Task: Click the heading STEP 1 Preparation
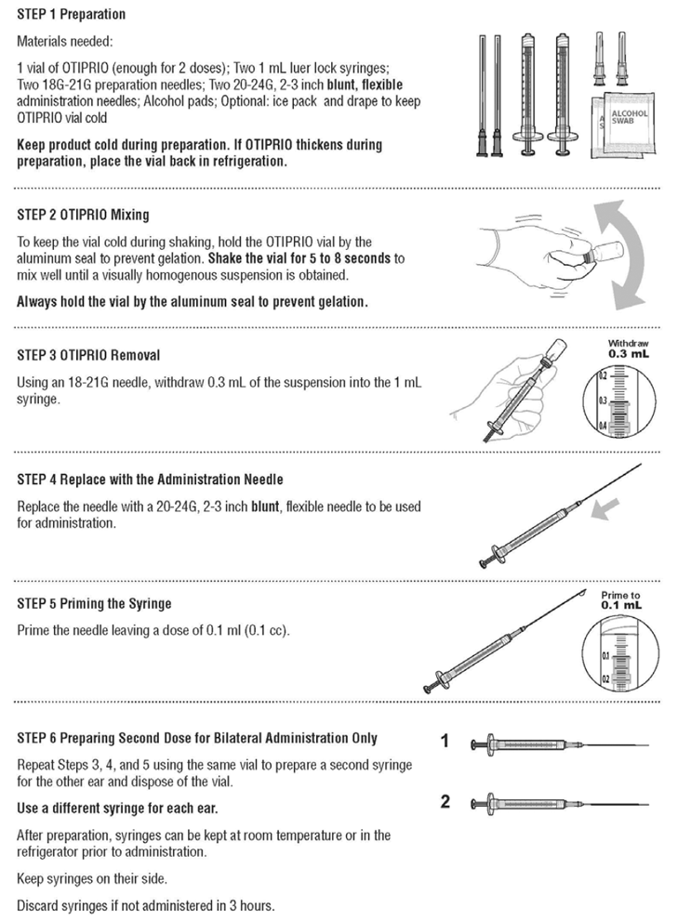[x=72, y=15]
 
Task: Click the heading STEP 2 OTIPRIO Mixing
[x=83, y=215]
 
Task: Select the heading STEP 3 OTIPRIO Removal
[x=89, y=355]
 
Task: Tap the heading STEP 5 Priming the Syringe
[x=94, y=603]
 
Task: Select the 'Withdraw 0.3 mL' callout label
[x=629, y=349]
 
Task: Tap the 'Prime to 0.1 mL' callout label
[x=620, y=599]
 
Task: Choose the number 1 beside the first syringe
[x=445, y=742]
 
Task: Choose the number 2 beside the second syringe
[x=445, y=801]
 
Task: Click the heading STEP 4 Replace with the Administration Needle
[x=150, y=480]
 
